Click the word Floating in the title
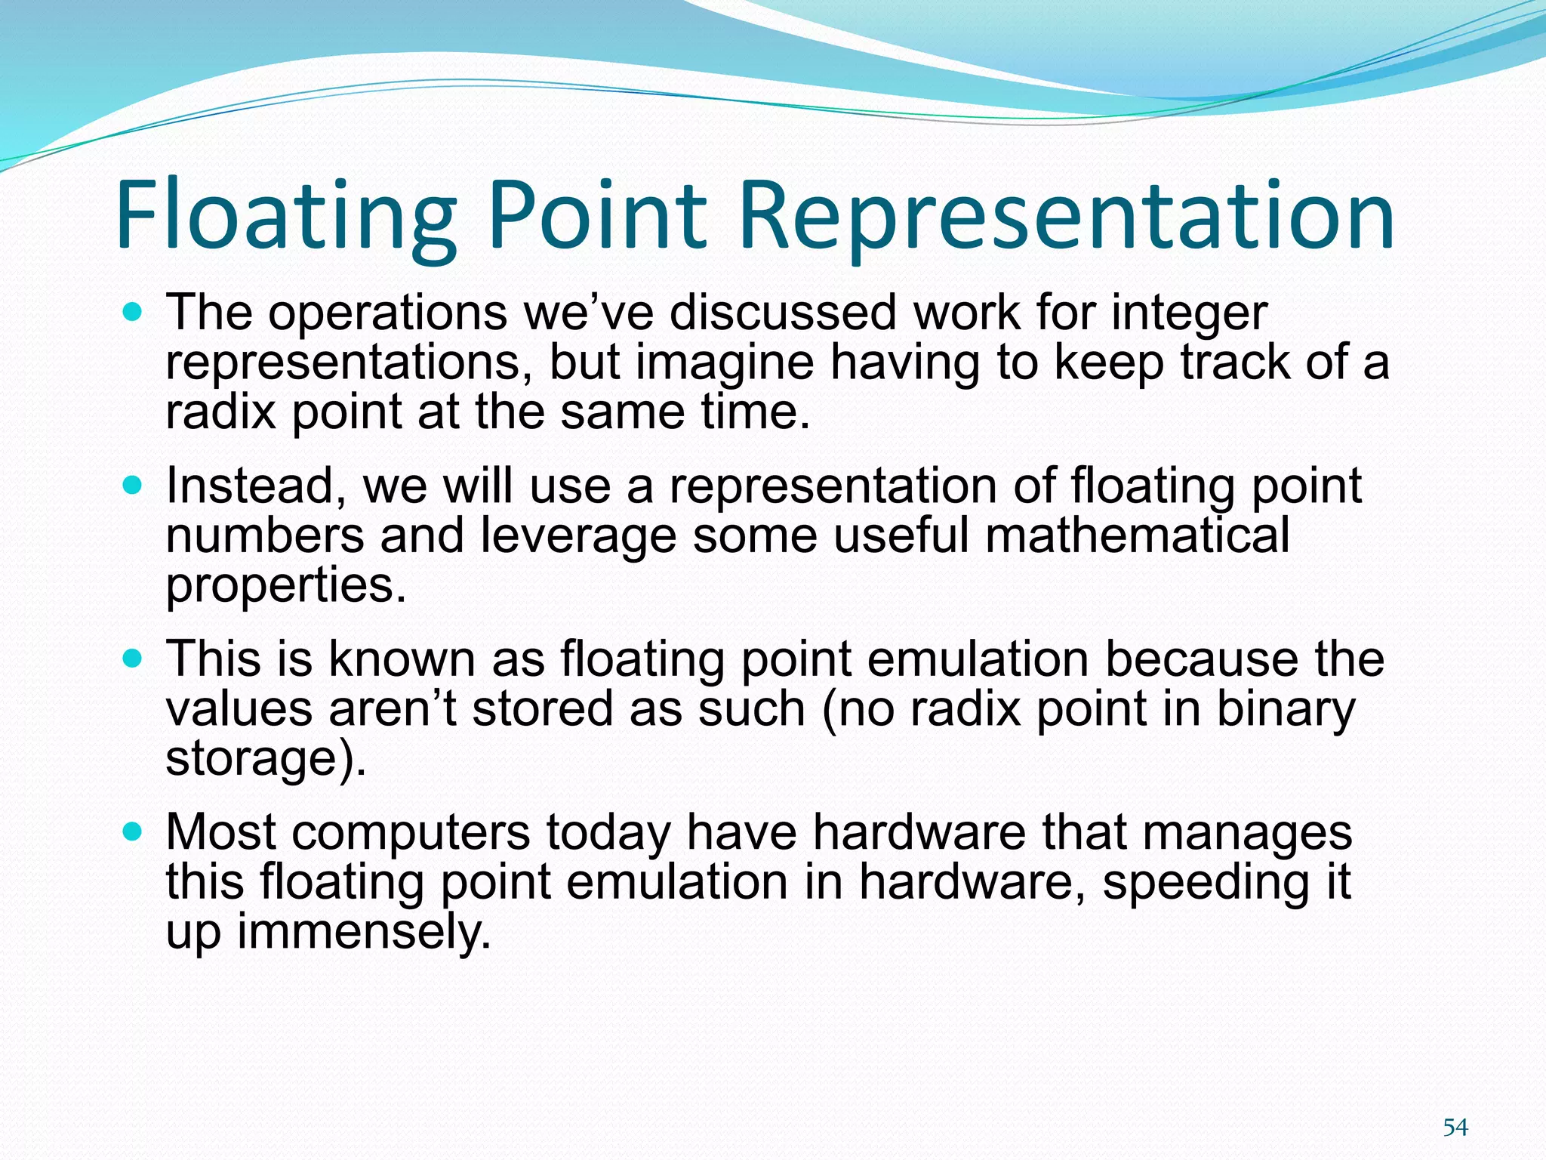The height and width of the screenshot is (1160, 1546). [x=285, y=216]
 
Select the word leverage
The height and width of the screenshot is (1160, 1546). [x=578, y=535]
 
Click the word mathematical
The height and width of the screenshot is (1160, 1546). [x=1137, y=535]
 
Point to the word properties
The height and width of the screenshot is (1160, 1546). [x=285, y=586]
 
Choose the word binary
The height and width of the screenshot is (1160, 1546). [x=1286, y=709]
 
